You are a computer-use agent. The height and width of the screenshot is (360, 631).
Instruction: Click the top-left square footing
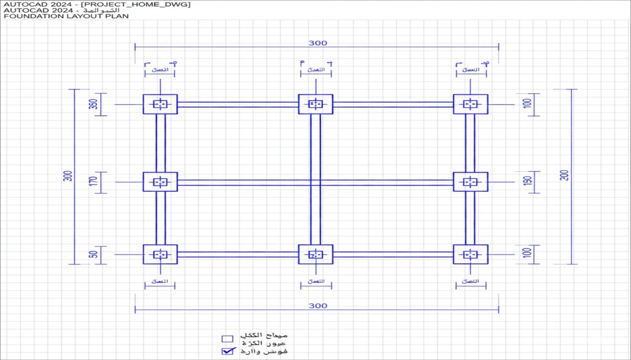pos(160,104)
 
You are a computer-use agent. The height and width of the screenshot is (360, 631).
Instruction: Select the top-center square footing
pos(315,104)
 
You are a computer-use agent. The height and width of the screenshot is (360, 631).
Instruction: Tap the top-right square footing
pos(471,104)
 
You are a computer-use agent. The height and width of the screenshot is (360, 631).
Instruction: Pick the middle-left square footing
pos(160,182)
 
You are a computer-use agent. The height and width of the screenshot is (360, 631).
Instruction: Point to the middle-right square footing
pos(471,182)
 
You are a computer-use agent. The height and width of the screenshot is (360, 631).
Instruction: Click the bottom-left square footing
pos(160,254)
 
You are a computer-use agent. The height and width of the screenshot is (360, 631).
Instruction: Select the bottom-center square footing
pos(315,254)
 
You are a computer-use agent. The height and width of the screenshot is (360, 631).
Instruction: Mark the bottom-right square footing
pos(471,254)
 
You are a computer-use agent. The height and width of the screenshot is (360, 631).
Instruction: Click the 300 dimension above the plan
pos(318,43)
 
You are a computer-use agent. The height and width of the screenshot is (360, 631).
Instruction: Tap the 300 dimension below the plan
pos(318,306)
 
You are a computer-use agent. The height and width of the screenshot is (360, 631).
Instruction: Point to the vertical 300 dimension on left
pos(68,176)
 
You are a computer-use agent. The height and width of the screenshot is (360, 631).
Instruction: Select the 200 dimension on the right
pos(564,174)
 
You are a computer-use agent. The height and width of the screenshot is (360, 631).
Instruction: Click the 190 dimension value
pos(527,182)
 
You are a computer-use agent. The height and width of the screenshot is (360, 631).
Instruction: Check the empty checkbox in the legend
pos(227,338)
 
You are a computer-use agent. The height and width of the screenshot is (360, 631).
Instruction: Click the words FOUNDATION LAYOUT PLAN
pos(67,17)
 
